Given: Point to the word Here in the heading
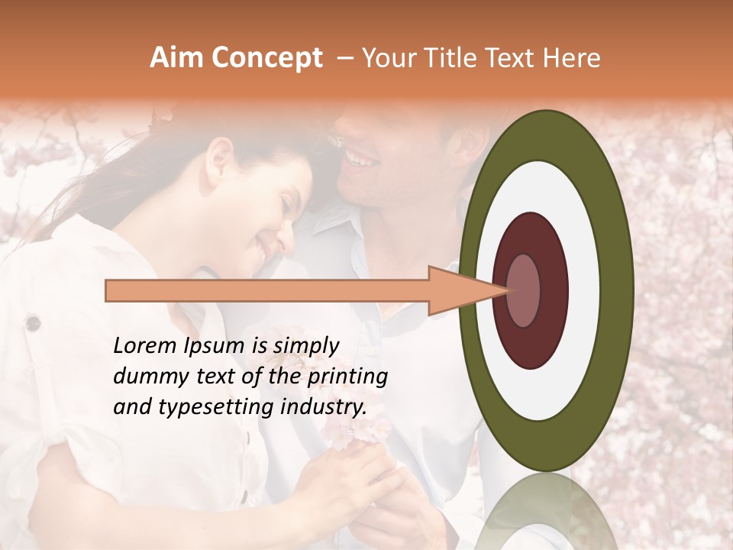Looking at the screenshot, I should coord(573,59).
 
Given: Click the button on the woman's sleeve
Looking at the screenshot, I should coord(33,322).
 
